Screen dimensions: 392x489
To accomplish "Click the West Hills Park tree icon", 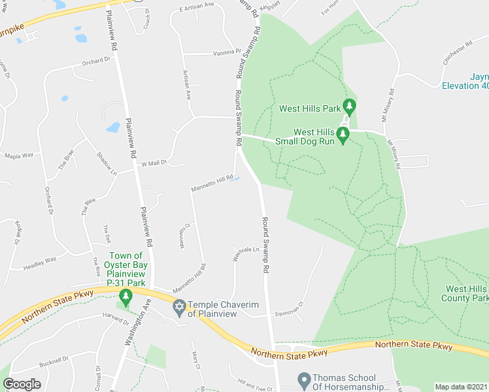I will coord(349,105).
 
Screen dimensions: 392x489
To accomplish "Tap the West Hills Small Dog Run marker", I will coord(343,133).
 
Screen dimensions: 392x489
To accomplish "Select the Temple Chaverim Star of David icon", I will coord(179,306).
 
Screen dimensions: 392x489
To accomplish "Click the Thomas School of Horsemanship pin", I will coord(303,379).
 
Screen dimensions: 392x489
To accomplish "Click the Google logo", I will coord(22,384).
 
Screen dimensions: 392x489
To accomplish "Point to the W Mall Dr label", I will coord(154,163).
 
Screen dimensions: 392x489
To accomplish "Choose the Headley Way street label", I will coord(40,261).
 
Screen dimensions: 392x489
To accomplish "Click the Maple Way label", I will coord(18,155).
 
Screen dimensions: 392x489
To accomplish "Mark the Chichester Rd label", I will coord(457,52).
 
